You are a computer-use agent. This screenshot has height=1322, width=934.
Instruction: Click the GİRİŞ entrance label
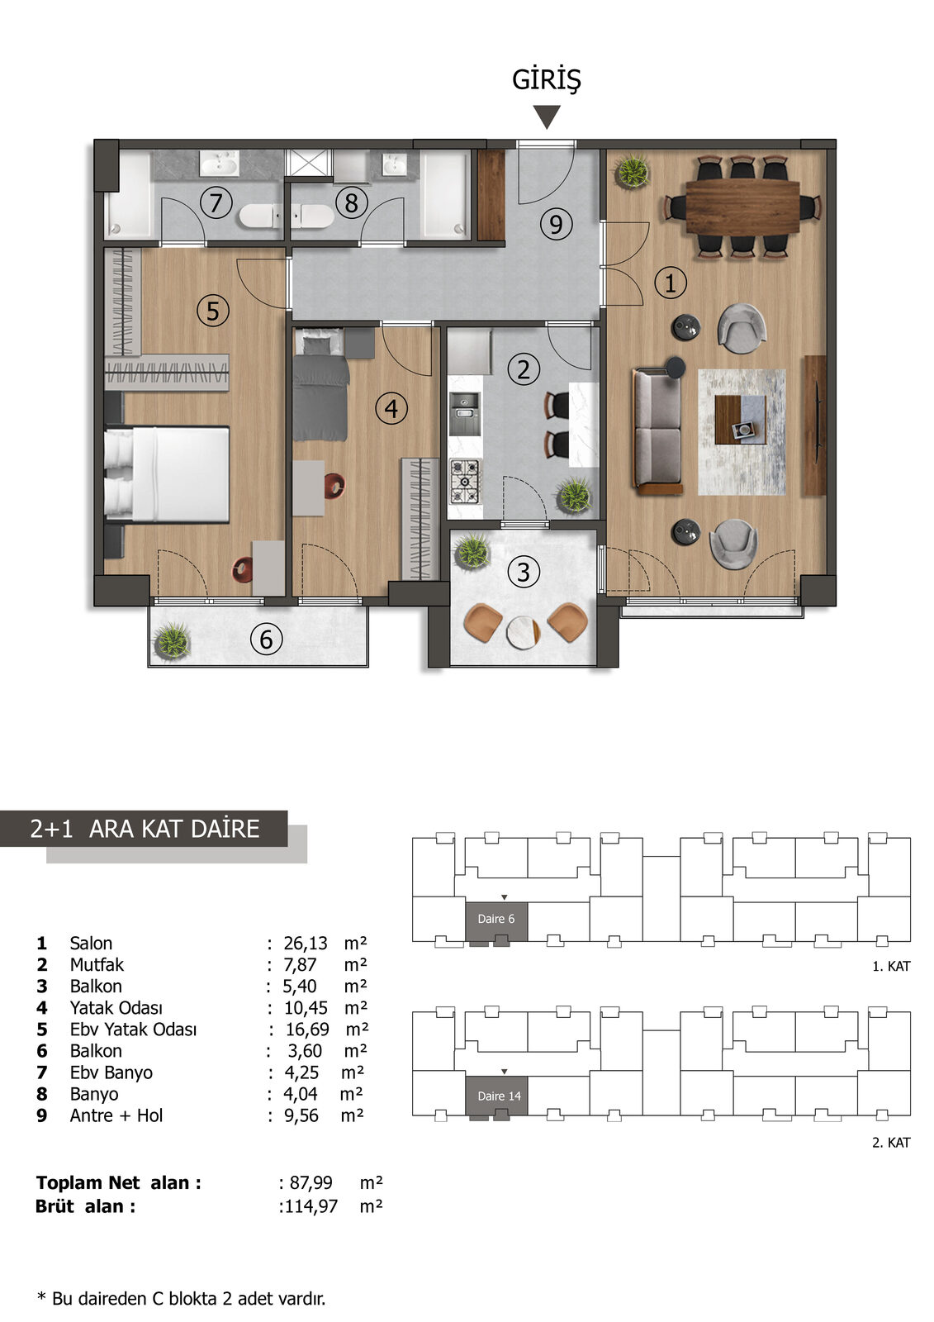click(x=546, y=80)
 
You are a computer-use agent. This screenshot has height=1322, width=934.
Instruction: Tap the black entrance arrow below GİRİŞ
click(x=547, y=117)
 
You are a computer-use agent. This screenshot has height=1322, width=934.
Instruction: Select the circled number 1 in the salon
click(x=671, y=283)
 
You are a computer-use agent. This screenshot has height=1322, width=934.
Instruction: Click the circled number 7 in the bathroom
click(x=216, y=202)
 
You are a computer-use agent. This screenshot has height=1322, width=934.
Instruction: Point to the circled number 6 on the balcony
click(x=266, y=640)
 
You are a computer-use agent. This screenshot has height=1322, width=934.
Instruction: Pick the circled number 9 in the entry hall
click(x=556, y=224)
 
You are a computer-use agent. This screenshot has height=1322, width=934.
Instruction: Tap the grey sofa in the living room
click(x=657, y=430)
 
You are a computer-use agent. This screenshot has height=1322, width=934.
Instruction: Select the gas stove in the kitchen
click(x=466, y=482)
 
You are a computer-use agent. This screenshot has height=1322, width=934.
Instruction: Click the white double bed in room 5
click(x=167, y=474)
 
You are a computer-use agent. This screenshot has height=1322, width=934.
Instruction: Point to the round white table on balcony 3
click(x=524, y=632)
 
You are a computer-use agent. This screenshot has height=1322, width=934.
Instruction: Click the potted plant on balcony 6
click(x=172, y=640)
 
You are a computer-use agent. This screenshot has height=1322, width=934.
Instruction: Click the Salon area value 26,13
click(x=305, y=943)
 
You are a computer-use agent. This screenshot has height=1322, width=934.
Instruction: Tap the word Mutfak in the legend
click(x=97, y=964)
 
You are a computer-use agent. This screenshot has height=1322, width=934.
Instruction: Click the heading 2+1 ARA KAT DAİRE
click(x=145, y=829)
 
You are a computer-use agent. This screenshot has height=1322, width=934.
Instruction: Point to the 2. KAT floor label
click(x=891, y=1143)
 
